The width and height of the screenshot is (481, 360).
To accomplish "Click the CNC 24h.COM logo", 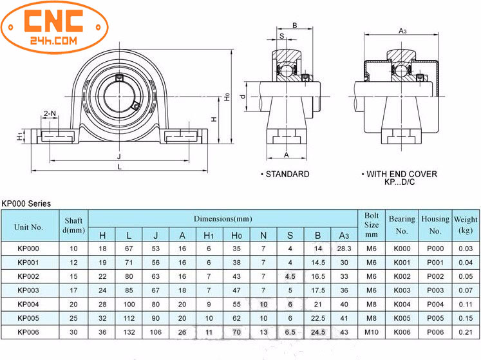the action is (x=55, y=27).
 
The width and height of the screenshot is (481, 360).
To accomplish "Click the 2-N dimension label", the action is (x=50, y=113).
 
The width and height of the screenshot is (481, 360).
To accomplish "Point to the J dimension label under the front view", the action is (x=119, y=156).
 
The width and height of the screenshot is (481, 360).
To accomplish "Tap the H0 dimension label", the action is (x=227, y=97).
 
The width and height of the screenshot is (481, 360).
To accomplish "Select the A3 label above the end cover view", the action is (x=402, y=31).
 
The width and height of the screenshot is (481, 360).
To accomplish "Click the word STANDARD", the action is (x=287, y=175).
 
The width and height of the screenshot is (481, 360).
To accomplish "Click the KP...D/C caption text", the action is (x=399, y=182).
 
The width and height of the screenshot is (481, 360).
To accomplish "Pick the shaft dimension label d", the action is (x=243, y=97).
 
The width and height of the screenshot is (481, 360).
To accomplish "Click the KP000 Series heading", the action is (x=26, y=204).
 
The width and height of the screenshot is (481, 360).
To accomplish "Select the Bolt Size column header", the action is (x=371, y=225).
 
